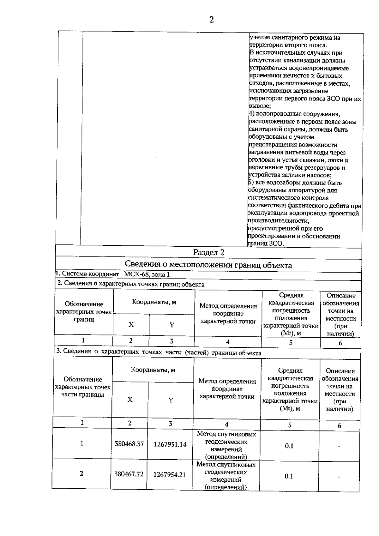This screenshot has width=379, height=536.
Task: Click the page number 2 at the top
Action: click(211, 20)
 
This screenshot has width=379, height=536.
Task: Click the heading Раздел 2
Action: click(208, 252)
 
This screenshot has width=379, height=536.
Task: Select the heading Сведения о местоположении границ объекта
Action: click(208, 265)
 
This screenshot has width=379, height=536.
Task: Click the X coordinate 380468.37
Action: click(129, 444)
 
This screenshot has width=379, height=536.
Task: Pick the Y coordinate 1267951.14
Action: click(170, 444)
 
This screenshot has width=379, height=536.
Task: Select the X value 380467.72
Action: click(129, 474)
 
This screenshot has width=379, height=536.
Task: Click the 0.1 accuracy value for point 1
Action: click(289, 446)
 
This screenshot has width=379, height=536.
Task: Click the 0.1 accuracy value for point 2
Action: click(289, 476)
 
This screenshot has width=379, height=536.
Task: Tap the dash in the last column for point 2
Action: click(339, 477)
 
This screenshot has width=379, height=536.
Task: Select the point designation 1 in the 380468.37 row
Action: click(82, 443)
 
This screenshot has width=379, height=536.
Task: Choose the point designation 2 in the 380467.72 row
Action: click(81, 473)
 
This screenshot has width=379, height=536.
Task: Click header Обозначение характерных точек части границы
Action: click(83, 387)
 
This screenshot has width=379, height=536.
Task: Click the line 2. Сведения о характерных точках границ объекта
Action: click(131, 284)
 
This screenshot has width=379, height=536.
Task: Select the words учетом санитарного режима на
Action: click(295, 38)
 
